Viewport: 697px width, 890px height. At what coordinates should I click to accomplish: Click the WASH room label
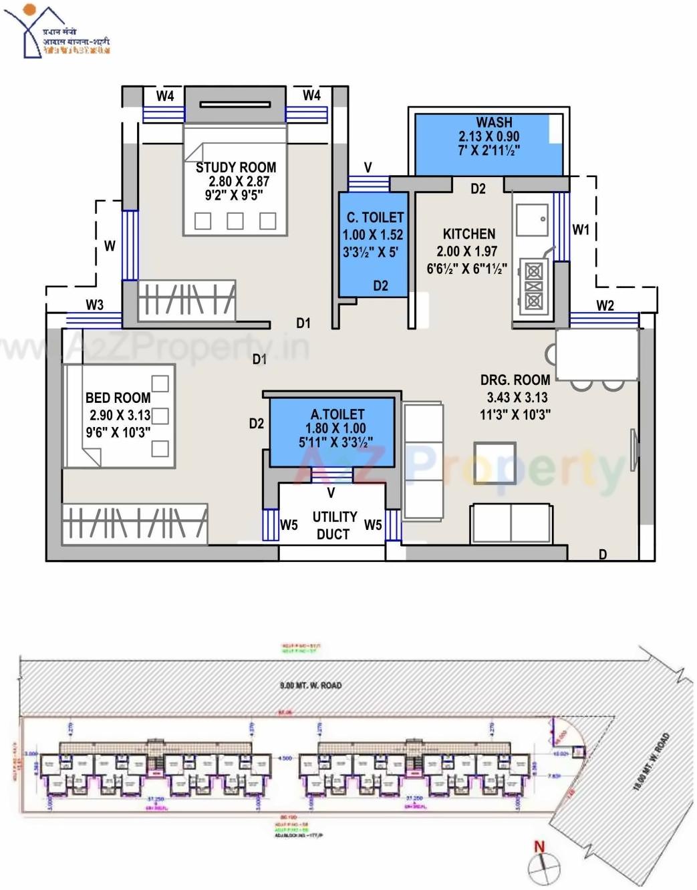click(x=494, y=122)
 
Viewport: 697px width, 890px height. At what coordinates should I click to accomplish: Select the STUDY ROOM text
click(x=235, y=167)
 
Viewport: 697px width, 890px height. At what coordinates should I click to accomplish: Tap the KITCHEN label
click(x=469, y=234)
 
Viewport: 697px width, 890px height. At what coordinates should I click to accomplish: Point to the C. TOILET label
click(x=375, y=217)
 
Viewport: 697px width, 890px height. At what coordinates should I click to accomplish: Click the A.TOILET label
click(x=337, y=414)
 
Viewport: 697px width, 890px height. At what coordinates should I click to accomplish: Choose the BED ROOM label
click(x=118, y=398)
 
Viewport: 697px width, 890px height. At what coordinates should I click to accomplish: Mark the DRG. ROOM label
click(x=515, y=380)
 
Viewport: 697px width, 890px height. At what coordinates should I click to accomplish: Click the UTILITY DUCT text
click(x=333, y=525)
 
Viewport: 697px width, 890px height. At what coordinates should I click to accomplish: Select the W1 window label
click(x=581, y=230)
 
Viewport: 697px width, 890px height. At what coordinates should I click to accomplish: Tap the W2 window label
click(x=605, y=305)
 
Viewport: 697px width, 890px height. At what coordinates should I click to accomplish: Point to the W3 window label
click(x=94, y=305)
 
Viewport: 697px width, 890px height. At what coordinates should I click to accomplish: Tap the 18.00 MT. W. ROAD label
click(x=651, y=762)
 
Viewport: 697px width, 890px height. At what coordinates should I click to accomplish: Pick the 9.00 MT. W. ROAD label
click(x=310, y=686)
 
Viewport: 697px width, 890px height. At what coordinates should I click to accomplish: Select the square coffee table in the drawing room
click(x=495, y=462)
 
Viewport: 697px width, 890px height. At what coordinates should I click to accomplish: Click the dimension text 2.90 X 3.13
click(x=120, y=415)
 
